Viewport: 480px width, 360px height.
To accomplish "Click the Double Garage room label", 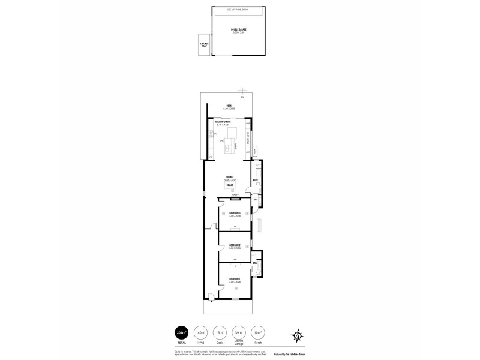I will pyautogui.click(x=238, y=29).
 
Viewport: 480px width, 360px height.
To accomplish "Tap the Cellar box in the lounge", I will pyautogui.click(x=230, y=187).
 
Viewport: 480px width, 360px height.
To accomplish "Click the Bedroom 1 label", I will pyautogui.click(x=235, y=279).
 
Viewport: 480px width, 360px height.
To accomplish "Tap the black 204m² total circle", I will pyautogui.click(x=181, y=332).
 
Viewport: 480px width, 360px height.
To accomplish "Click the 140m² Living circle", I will pyautogui.click(x=200, y=332).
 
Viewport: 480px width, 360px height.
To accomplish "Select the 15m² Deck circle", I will pyautogui.click(x=220, y=332).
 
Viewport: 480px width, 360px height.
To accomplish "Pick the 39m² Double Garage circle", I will pyautogui.click(x=239, y=332).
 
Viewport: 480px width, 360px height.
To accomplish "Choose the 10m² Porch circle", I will pyautogui.click(x=258, y=332).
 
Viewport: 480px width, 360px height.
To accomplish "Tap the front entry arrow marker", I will pyautogui.click(x=211, y=295).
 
